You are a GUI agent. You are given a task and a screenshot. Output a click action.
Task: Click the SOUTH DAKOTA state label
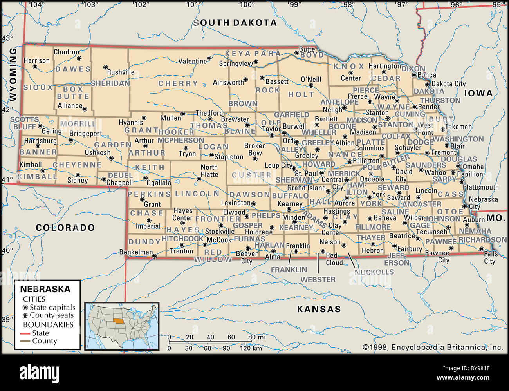235,23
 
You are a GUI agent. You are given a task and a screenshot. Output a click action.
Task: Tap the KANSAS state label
319,309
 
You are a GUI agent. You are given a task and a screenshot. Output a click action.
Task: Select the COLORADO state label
65,228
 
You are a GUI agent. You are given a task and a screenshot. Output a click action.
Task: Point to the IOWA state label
478,93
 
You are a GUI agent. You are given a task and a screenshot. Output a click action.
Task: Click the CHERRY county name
178,83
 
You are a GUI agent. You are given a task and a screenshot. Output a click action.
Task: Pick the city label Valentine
192,61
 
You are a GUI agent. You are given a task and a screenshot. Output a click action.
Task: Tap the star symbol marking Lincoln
419,198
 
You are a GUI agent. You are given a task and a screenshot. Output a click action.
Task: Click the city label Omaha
473,167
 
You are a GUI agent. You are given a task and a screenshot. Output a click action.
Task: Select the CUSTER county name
251,175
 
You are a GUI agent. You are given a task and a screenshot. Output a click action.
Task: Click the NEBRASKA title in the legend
45,290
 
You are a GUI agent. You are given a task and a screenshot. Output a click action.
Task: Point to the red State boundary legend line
25,333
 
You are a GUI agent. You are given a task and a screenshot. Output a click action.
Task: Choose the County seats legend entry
51,315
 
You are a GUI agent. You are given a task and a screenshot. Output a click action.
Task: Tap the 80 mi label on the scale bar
256,337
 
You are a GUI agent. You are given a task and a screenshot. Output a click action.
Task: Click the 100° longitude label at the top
247,5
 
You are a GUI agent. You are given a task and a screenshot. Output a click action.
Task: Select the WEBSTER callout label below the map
318,279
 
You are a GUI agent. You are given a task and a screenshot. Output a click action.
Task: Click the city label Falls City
490,257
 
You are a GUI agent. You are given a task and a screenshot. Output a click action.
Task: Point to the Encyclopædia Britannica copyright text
433,347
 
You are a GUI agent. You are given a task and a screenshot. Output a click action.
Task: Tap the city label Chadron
66,52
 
